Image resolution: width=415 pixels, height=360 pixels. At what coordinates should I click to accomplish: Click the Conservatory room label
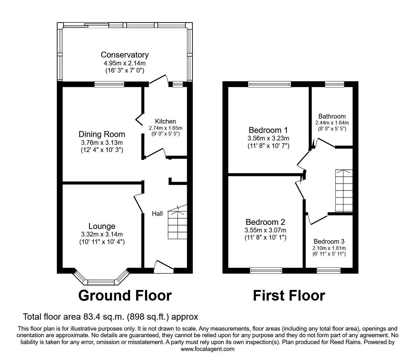pyautogui.click(x=124, y=55)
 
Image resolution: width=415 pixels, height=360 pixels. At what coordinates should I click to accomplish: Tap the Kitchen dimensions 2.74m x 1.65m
pyautogui.click(x=165, y=128)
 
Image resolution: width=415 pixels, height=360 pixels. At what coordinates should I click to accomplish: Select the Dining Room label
pyautogui.click(x=102, y=134)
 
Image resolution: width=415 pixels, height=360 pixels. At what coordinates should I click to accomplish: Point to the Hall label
pyautogui.click(x=157, y=214)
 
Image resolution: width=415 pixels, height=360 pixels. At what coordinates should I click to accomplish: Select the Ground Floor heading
pyautogui.click(x=125, y=295)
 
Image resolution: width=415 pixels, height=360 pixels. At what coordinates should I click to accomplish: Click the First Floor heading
pyautogui.click(x=289, y=295)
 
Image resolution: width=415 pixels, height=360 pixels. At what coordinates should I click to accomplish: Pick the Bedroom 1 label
pyautogui.click(x=268, y=130)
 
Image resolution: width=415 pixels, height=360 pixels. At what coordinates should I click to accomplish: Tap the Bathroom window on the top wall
pyautogui.click(x=334, y=84)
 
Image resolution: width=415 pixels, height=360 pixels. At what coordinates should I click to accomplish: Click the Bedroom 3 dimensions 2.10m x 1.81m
pyautogui.click(x=329, y=248)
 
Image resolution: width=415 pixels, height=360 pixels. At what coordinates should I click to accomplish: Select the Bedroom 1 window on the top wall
pyautogui.click(x=269, y=84)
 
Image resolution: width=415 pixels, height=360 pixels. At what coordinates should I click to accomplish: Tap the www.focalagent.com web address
pyautogui.click(x=207, y=349)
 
